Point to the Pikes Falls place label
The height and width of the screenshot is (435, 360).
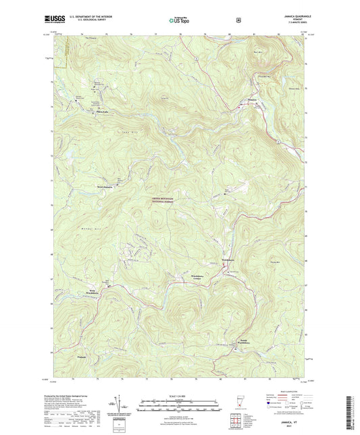pyautogui.click(x=102, y=112)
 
